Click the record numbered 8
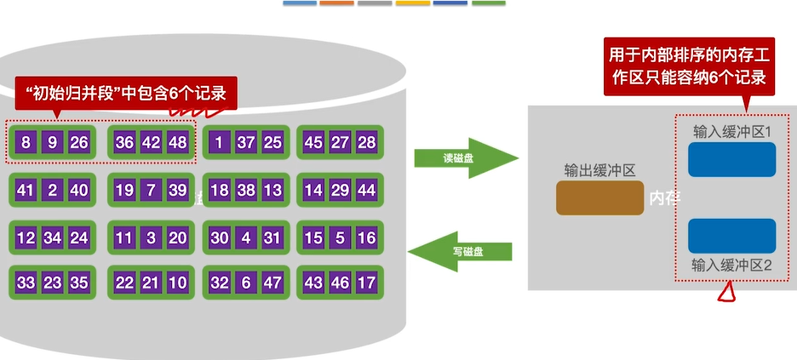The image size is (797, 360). (26, 142)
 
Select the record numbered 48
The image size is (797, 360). (177, 142)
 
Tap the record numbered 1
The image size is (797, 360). (221, 142)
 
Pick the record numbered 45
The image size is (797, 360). (313, 142)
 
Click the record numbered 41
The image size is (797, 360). (26, 190)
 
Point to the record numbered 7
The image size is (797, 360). (151, 190)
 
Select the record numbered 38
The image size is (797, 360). (246, 190)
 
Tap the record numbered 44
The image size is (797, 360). (367, 190)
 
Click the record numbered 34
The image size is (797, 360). (53, 237)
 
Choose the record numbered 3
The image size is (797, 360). (151, 237)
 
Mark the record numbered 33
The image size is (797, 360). (26, 283)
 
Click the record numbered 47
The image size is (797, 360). (272, 283)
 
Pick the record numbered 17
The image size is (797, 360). (367, 283)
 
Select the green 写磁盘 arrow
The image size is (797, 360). (461, 252)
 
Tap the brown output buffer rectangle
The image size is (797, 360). (599, 197)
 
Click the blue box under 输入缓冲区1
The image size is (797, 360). (731, 159)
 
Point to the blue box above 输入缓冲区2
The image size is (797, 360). (731, 236)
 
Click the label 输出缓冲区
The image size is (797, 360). (600, 169)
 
